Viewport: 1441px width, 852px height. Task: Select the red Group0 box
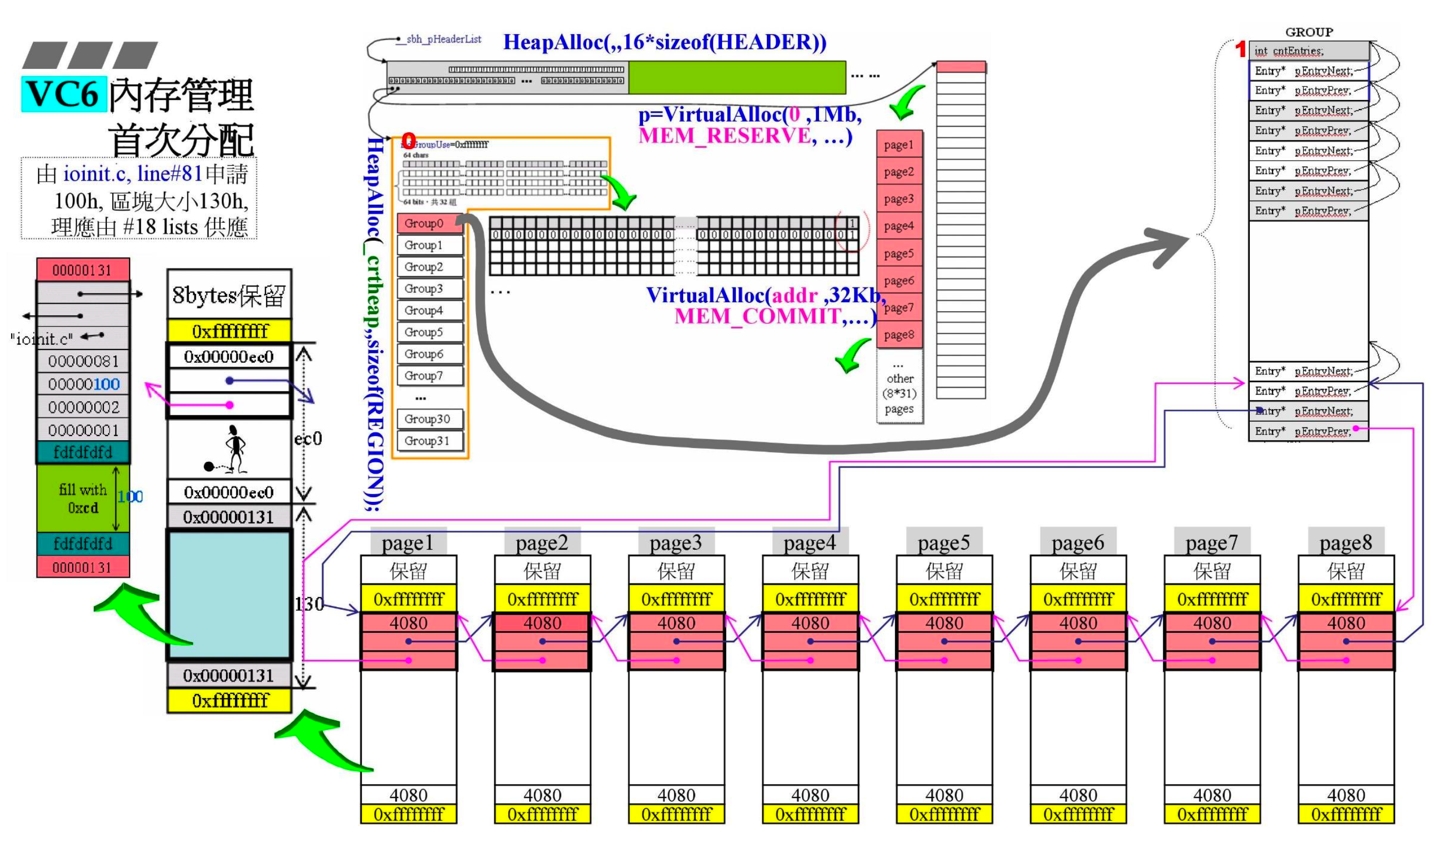(429, 223)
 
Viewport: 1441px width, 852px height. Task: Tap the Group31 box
(429, 441)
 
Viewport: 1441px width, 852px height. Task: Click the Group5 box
(429, 332)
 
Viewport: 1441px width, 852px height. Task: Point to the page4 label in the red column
(899, 226)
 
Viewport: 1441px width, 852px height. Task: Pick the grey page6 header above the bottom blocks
(1078, 542)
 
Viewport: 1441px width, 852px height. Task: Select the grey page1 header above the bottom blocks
(408, 542)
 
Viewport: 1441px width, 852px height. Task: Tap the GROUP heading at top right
(1309, 32)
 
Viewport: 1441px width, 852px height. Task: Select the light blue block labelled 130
(229, 595)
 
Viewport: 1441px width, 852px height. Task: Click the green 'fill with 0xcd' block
(83, 498)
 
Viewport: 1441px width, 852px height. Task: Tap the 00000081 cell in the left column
(83, 361)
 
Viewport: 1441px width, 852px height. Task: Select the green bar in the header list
(737, 77)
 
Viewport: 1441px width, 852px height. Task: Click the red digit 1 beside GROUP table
(1240, 50)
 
